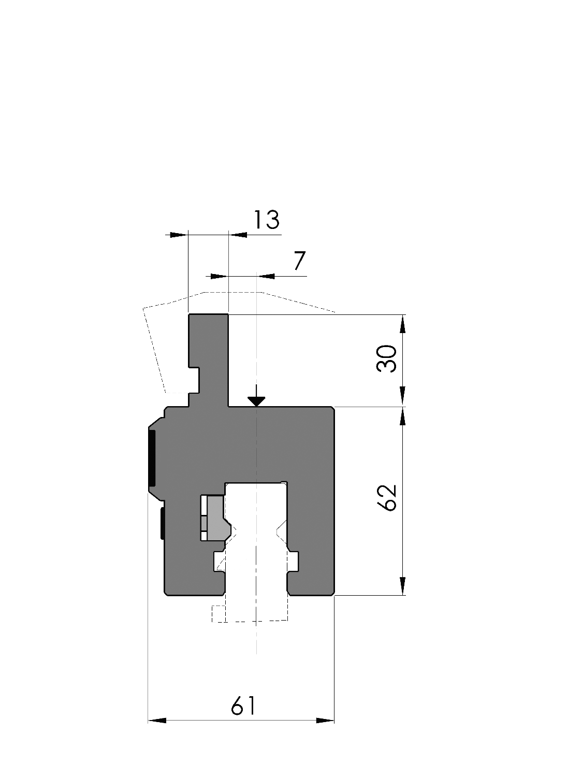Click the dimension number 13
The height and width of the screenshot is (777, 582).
[267, 220]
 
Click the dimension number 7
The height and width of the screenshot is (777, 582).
[299, 261]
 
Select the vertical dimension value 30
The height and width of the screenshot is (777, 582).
[387, 358]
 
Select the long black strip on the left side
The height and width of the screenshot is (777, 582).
[152, 458]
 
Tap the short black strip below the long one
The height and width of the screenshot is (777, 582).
[162, 523]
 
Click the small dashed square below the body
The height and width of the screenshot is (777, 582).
[219, 613]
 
